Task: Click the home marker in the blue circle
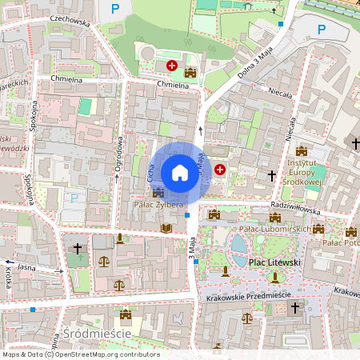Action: coord(180,172)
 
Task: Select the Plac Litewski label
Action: coord(274,262)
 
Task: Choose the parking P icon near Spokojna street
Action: coord(75,198)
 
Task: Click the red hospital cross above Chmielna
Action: coord(171,65)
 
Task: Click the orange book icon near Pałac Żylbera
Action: coord(166,229)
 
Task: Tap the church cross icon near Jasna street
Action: coord(77,249)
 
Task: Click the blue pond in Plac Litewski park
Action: coord(238,242)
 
